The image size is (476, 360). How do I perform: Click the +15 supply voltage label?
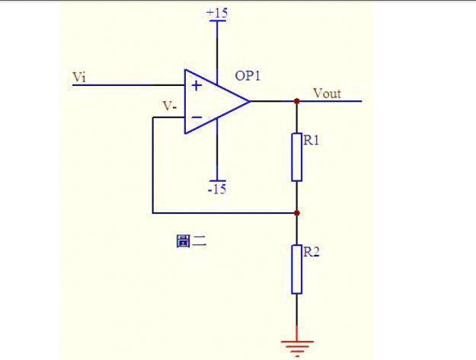click(x=217, y=13)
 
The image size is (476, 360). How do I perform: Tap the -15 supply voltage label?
click(x=217, y=189)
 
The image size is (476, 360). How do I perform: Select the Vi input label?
click(x=79, y=77)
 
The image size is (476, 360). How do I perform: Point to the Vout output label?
click(x=327, y=94)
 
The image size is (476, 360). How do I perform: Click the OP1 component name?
click(x=248, y=75)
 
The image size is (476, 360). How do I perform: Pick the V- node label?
click(x=170, y=107)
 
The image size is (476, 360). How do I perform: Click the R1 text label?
click(x=311, y=140)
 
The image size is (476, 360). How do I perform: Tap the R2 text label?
click(x=311, y=252)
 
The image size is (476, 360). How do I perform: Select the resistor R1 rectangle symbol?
click(x=296, y=157)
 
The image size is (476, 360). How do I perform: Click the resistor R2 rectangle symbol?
click(x=296, y=269)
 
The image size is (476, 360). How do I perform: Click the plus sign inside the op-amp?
click(x=196, y=86)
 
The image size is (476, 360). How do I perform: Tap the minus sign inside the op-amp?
click(x=197, y=117)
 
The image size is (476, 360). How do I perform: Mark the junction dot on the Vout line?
click(x=297, y=101)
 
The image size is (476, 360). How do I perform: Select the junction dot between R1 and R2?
click(x=297, y=213)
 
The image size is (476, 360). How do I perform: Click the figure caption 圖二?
click(x=191, y=241)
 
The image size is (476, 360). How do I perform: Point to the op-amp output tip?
click(x=250, y=101)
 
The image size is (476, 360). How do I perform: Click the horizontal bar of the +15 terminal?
click(x=217, y=21)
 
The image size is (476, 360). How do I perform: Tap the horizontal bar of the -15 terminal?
click(x=217, y=180)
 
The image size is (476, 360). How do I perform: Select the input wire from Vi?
click(x=129, y=85)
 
